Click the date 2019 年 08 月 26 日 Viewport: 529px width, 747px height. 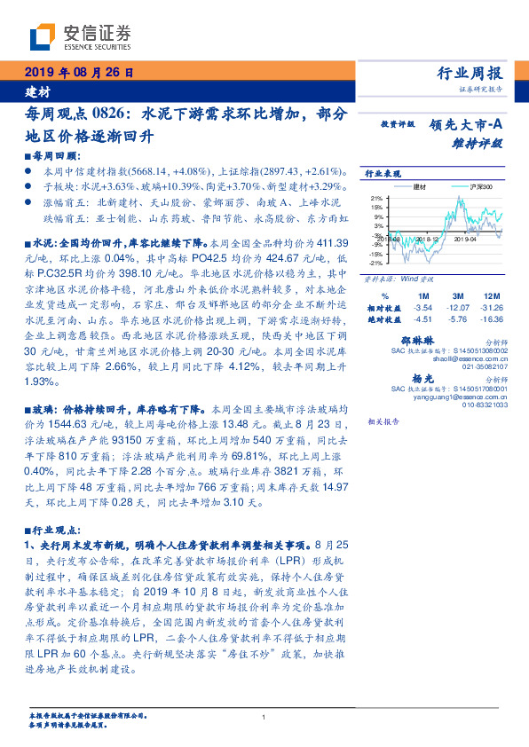77,73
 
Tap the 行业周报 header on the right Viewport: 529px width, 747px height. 470,73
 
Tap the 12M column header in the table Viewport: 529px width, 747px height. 486,295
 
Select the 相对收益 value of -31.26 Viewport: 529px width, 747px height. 486,307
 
